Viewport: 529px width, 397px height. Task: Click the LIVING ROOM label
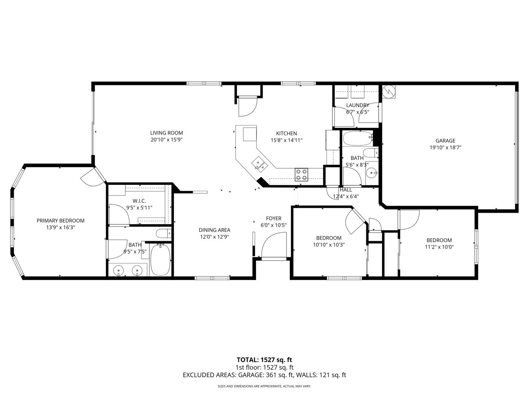click(166, 133)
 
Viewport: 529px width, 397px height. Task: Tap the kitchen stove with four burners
click(301, 175)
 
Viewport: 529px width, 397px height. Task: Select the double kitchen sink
click(259, 164)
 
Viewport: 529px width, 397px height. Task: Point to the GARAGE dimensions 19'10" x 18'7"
click(445, 147)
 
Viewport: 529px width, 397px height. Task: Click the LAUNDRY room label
click(357, 105)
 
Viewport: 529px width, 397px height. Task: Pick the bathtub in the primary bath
click(160, 260)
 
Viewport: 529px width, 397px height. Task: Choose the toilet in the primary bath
click(163, 233)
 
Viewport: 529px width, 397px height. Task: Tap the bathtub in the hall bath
click(357, 138)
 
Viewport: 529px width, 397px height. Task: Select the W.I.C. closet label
click(139, 201)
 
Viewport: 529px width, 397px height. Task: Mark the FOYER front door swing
click(274, 245)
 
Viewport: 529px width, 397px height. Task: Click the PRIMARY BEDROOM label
click(61, 221)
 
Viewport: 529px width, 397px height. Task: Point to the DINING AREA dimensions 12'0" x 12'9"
click(214, 237)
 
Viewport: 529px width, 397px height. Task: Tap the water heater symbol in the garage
click(389, 92)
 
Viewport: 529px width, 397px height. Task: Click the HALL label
click(346, 190)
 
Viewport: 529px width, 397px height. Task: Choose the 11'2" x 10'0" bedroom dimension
click(439, 247)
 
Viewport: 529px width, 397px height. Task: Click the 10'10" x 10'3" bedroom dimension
click(329, 245)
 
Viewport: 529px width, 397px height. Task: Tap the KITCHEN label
click(286, 133)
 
